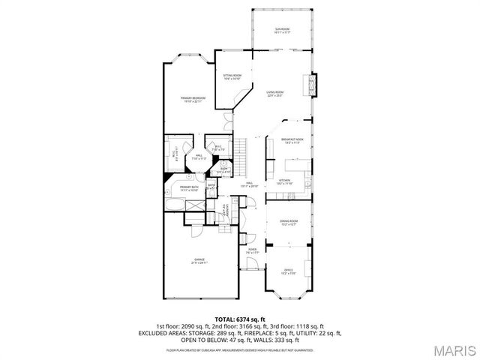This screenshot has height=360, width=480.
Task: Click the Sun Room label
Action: pos(282,31)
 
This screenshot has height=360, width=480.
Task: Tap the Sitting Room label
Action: pos(232,76)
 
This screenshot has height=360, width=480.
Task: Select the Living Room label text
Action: pos(274,94)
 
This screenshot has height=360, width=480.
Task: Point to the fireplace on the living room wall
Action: pos(315,86)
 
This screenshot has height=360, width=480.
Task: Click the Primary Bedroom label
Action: pos(193,100)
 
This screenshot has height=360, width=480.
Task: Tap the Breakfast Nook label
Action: pos(292,141)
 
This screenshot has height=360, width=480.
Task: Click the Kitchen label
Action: pos(285,181)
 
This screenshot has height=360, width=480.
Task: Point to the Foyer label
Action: pos(253,251)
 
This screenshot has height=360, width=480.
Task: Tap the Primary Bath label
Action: pos(188,188)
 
